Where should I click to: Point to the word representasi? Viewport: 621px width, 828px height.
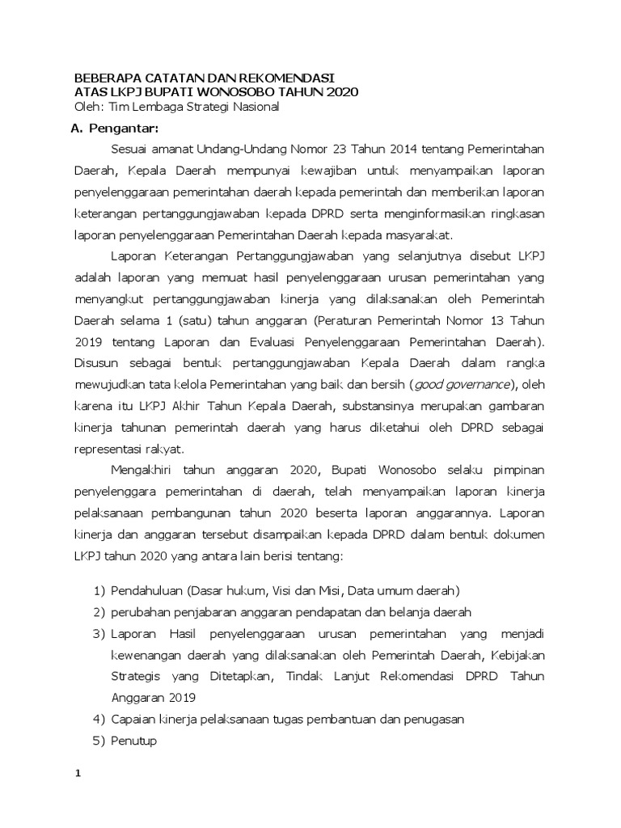(x=105, y=448)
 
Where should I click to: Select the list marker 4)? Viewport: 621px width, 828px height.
(x=99, y=719)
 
